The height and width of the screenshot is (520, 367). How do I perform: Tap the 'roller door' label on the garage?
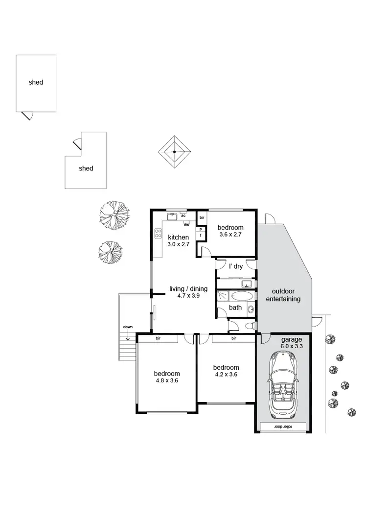coord(282,426)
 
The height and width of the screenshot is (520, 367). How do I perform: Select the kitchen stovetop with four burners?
coord(158,234)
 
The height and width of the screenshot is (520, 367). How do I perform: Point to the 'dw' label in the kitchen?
coord(186,225)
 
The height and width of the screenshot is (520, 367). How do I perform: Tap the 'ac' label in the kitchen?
coord(183,215)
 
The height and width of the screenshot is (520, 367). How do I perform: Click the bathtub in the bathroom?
coord(240,296)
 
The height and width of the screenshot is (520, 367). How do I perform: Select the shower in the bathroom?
coord(223,296)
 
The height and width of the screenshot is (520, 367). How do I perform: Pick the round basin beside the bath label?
coord(251,308)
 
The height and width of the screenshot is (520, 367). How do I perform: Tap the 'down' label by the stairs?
coord(128,326)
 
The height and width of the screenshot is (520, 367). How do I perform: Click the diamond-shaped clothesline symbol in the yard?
coord(175,152)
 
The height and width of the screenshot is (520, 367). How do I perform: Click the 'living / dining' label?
coord(188,289)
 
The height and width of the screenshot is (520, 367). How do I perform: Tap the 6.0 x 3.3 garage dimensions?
coord(292,346)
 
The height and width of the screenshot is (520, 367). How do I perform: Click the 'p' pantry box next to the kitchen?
coord(201,229)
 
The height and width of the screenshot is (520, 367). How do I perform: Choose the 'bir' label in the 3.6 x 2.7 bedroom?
coord(202,217)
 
